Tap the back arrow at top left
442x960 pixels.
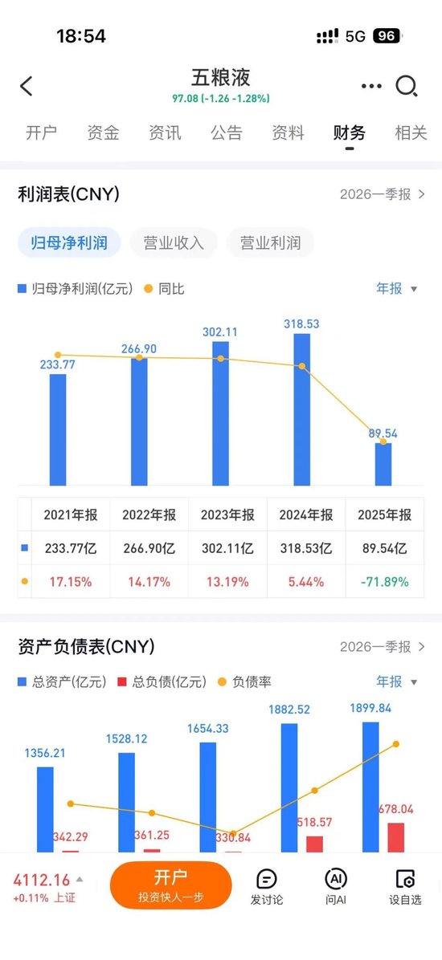tap(27, 86)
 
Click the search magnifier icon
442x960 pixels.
tap(407, 86)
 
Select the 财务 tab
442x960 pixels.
tap(349, 133)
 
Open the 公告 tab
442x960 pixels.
tap(227, 133)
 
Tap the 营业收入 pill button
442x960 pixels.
tap(174, 242)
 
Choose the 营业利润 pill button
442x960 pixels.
tap(270, 242)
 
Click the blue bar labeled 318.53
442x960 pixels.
tap(302, 409)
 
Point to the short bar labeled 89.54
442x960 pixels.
tap(383, 464)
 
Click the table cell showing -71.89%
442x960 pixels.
tap(383, 581)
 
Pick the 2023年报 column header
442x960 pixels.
tap(227, 515)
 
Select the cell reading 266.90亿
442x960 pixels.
tap(149, 549)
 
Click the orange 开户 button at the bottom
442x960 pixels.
tap(170, 885)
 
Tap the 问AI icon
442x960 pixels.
tap(336, 885)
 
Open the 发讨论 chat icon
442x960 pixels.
tap(266, 885)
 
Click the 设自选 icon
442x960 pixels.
tap(405, 885)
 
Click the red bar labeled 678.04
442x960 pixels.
tap(396, 837)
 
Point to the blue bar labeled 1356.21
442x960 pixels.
tap(45, 809)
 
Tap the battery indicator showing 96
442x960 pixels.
tap(387, 36)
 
